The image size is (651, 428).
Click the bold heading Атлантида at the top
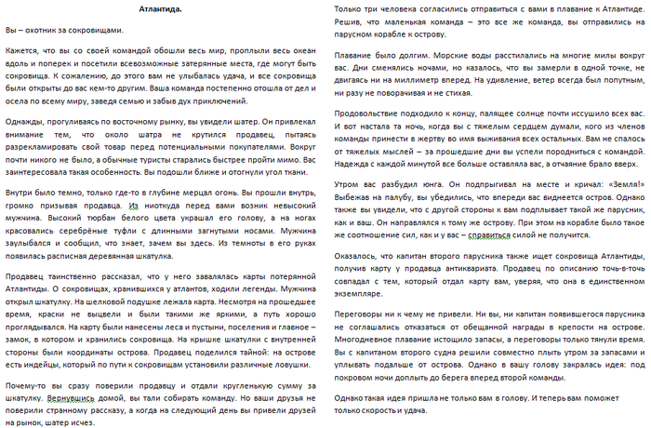tap(161, 8)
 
